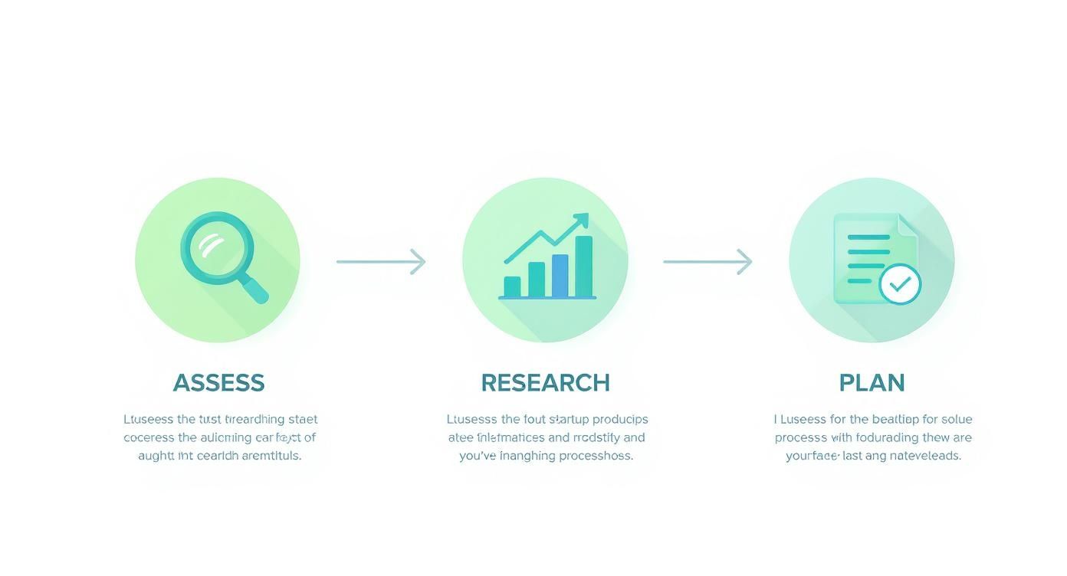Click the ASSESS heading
tap(218, 383)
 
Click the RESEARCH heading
tap(545, 383)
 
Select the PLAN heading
tap(872, 383)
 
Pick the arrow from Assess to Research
tap(381, 261)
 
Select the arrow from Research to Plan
tap(708, 261)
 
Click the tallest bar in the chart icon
tap(583, 265)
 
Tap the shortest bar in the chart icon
tap(512, 286)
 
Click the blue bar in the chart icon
tap(560, 275)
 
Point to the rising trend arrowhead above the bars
tap(582, 221)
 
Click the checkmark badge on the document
tap(900, 284)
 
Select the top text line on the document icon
tap(868, 237)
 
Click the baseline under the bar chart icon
tap(547, 297)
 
